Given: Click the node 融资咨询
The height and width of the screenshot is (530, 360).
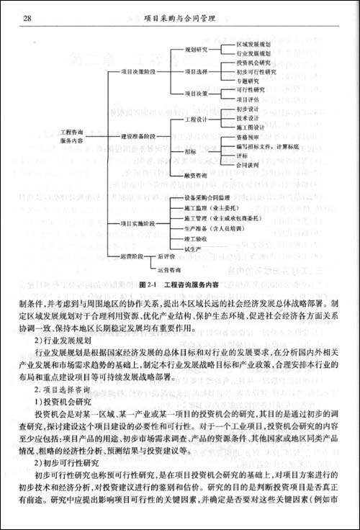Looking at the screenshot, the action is [197, 174].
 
